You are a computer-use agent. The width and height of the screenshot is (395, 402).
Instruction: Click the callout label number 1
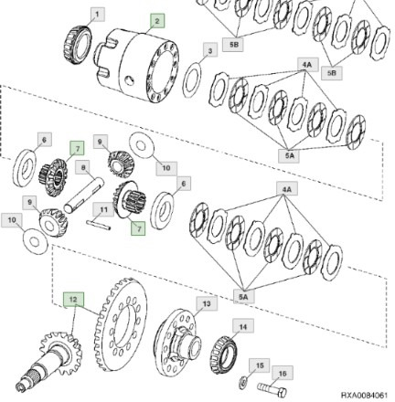pyautogui.click(x=100, y=14)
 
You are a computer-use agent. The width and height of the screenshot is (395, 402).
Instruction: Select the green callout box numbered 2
pyautogui.click(x=156, y=20)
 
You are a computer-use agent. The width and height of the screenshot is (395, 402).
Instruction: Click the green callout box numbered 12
pyautogui.click(x=74, y=299)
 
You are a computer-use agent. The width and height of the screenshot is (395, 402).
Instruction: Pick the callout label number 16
pyautogui.click(x=283, y=373)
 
